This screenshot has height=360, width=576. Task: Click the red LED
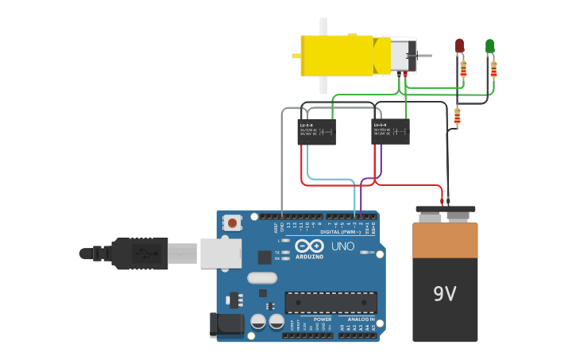coord(459,46)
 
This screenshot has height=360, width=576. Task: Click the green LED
coord(490,46)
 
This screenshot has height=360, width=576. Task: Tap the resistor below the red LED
coord(463,68)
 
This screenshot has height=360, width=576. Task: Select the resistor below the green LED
coord(493,69)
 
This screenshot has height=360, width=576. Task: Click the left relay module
coord(316,132)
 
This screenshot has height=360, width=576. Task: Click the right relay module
coord(390,131)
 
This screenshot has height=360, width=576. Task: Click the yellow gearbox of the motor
coord(338,56)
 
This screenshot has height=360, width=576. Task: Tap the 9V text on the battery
coord(445,295)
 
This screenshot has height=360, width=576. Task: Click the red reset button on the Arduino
coord(232,223)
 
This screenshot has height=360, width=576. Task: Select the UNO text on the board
coord(342,246)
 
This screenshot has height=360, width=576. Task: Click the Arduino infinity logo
coord(310,246)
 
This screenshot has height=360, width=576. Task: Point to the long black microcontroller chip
coord(331,303)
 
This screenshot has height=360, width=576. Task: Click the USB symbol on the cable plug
coord(142,254)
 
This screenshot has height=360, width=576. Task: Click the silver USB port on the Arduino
coord(220,254)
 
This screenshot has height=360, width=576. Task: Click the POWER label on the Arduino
coord(323,319)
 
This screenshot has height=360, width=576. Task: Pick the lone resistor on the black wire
coord(457,118)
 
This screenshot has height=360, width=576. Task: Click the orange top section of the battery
coord(445,240)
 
